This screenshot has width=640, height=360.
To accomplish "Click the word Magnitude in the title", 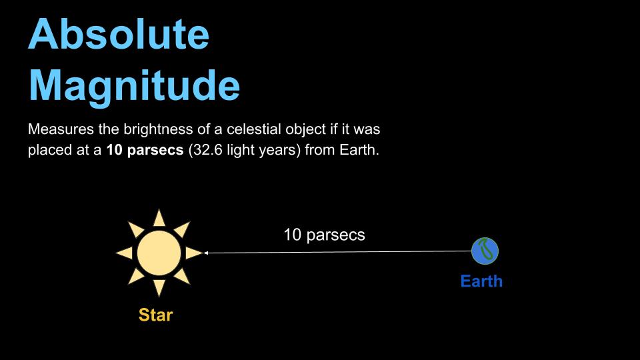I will tap(133, 85).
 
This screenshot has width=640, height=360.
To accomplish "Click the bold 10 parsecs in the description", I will tap(145, 151).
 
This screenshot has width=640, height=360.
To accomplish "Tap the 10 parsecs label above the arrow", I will tap(324, 235).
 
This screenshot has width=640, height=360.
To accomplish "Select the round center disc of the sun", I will tap(159, 253).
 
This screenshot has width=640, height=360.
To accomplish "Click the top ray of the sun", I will tap(159, 218).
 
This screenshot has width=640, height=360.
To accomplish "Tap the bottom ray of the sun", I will tap(159, 287).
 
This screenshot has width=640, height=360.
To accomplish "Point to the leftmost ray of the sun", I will tap(124, 253).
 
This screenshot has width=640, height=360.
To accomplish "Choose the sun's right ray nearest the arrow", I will tap(193, 253).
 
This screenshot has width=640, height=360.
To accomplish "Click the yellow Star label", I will tap(155, 315).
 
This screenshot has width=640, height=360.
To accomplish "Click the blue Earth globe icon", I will tap(485, 251).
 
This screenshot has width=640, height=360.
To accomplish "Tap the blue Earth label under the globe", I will tap(481, 281).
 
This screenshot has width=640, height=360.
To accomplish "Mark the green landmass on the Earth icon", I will tap(487, 250).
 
